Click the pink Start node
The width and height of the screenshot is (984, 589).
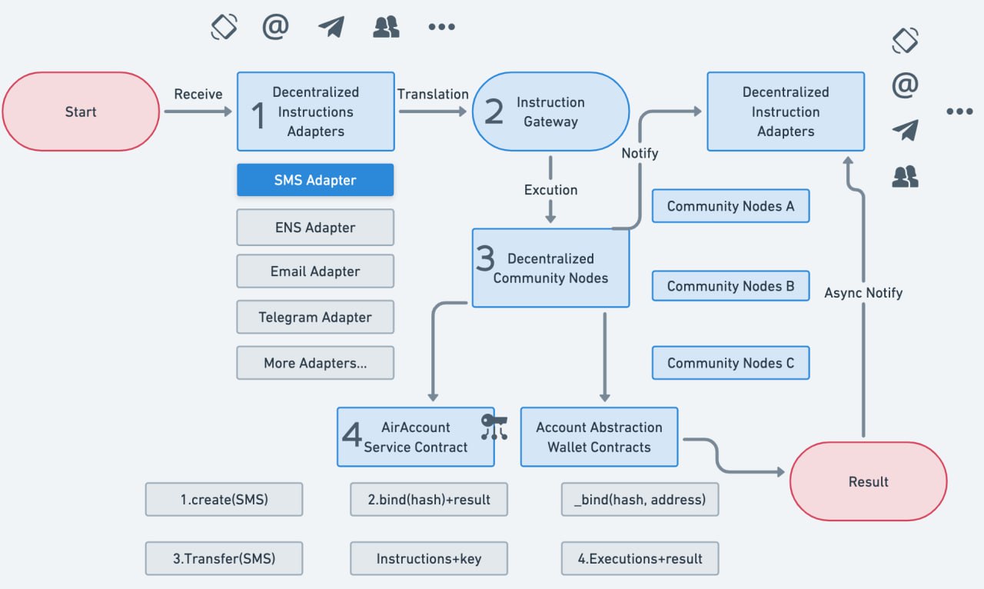tap(81, 111)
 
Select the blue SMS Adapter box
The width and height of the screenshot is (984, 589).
tap(315, 180)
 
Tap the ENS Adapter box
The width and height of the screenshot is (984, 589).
tap(315, 228)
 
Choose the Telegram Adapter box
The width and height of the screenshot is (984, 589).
tap(315, 317)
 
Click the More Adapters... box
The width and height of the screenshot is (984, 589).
tap(315, 363)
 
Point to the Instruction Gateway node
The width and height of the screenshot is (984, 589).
tap(551, 111)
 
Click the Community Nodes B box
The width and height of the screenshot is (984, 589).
tap(730, 286)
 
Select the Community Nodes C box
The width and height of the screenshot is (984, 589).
tap(730, 363)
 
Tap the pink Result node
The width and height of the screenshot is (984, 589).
tap(869, 481)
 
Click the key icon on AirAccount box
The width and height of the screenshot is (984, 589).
tap(494, 426)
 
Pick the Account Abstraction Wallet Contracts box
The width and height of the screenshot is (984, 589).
tap(599, 437)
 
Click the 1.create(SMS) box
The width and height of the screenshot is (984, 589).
tap(224, 499)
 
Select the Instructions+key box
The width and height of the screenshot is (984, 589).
tap(429, 558)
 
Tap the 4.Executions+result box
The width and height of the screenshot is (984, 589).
tap(640, 558)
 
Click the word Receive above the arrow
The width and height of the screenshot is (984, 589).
tap(198, 94)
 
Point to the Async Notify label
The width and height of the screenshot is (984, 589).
tap(863, 293)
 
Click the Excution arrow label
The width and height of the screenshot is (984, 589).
tap(551, 190)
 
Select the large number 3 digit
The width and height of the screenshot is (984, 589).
tap(485, 258)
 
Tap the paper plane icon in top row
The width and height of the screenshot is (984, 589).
tap(331, 27)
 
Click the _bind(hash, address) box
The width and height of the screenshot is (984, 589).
tap(640, 499)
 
